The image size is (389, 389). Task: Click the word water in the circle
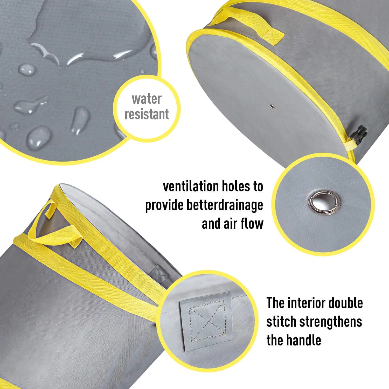[147, 99]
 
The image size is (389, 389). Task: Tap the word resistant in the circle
[147, 114]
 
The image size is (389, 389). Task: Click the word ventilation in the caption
[191, 186]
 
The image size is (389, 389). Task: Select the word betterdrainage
[225, 205]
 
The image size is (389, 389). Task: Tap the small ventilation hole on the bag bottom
[272, 106]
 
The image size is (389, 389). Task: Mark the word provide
[164, 205]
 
